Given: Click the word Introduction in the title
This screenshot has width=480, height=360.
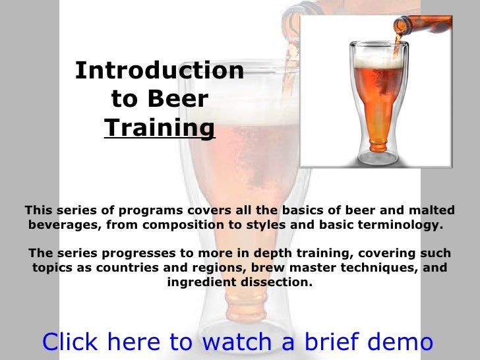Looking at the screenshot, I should click(x=160, y=71).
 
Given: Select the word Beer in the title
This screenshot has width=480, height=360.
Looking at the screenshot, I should click(x=177, y=99).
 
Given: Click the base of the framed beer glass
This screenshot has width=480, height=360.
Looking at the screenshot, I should click(x=376, y=158).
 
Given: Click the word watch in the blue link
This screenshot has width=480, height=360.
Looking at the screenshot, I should click(x=233, y=342).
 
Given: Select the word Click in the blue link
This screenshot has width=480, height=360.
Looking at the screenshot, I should click(x=70, y=342).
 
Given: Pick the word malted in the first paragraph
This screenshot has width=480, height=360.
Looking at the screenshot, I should click(x=432, y=210).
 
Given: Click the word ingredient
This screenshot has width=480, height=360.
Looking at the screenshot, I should click(x=201, y=283).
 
